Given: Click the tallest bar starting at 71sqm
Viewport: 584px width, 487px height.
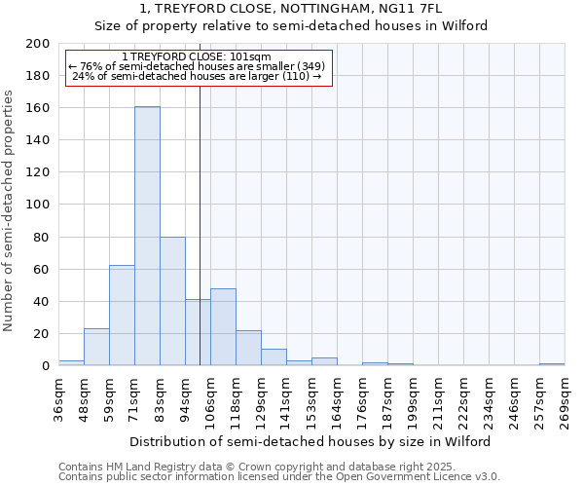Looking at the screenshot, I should [147, 236].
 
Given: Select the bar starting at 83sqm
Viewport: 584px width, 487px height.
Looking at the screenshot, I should [172, 301].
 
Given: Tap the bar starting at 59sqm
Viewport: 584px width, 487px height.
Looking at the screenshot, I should [122, 315].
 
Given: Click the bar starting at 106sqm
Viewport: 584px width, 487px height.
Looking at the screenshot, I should [223, 327].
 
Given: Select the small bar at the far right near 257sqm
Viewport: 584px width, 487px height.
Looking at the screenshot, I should [552, 364].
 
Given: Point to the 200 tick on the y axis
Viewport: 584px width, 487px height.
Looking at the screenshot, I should [39, 44].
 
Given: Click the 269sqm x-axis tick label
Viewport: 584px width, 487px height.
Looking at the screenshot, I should [565, 401].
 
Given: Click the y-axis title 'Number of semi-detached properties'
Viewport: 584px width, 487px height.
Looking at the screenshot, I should [10, 210].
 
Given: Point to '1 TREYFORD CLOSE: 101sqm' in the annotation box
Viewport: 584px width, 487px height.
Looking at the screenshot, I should [199, 57].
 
